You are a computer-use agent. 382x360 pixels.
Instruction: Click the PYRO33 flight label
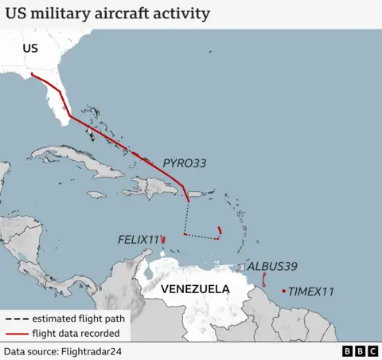coord(184,163)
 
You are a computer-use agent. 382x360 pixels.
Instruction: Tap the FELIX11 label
coord(138,239)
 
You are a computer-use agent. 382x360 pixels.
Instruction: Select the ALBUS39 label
coord(272,266)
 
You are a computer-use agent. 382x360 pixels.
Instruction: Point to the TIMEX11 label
coord(310,292)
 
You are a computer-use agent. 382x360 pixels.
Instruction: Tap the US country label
coord(29,49)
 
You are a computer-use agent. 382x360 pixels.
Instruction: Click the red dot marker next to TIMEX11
coord(284,292)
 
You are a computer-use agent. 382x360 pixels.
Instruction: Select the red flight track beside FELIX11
coord(163,240)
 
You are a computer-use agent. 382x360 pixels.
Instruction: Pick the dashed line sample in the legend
coord(16,318)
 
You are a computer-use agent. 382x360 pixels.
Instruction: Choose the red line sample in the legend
coord(16,333)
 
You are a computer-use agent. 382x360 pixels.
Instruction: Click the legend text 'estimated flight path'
coord(77,318)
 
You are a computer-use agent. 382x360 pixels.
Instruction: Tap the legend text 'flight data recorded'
coord(76,333)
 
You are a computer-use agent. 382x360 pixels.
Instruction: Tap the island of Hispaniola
coord(155,188)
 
